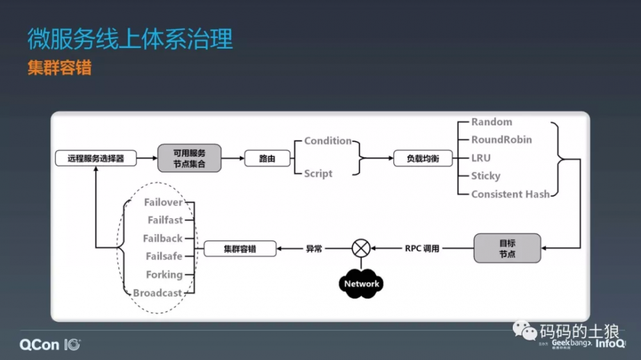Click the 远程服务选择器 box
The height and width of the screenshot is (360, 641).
[x=96, y=158]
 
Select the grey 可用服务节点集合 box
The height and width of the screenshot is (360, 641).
[x=189, y=158]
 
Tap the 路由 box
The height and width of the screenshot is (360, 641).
[x=267, y=158]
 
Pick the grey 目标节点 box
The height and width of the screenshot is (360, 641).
[x=507, y=249]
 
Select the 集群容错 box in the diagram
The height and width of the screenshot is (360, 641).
[x=240, y=249]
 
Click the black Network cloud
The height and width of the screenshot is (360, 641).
[x=362, y=284]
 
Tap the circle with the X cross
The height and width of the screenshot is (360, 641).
[x=362, y=248]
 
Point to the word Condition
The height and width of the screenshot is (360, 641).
[x=328, y=141]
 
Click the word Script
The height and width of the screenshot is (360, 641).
[x=318, y=174]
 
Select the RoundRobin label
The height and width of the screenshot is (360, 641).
[x=501, y=140]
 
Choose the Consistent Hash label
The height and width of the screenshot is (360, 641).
[x=510, y=194]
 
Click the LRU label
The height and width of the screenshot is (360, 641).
[x=481, y=158]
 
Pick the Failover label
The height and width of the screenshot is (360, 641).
[x=163, y=202]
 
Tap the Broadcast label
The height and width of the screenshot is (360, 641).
[x=158, y=293]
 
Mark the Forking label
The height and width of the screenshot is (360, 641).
[x=164, y=275]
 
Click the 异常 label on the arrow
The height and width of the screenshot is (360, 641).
[x=314, y=249]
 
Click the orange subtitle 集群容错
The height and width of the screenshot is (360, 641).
[x=59, y=68]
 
